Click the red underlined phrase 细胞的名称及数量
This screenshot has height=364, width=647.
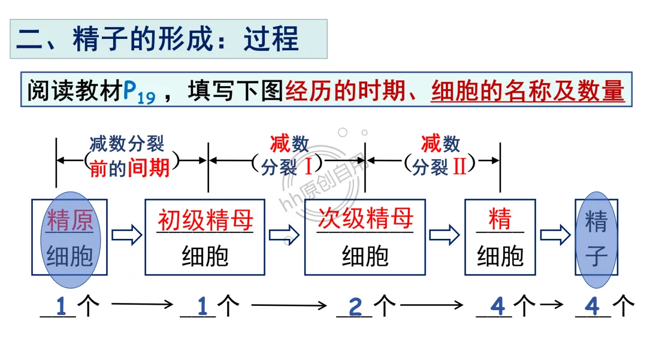(x=528, y=91)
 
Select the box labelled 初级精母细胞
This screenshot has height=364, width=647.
(x=205, y=237)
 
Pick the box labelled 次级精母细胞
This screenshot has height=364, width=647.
(x=365, y=237)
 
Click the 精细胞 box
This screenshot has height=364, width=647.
(x=500, y=237)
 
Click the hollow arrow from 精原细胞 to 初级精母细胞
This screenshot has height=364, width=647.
(x=126, y=235)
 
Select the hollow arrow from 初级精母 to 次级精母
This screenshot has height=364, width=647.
(x=284, y=235)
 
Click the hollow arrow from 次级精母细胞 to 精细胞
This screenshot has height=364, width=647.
(x=444, y=235)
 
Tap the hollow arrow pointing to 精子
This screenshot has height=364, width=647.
(x=555, y=235)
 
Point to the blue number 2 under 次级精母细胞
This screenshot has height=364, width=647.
(x=355, y=307)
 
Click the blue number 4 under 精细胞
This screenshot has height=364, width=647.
(x=497, y=307)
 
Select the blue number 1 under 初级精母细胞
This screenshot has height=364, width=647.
(x=202, y=307)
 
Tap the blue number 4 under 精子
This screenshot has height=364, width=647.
(x=592, y=307)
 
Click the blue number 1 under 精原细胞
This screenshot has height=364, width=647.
(x=61, y=307)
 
